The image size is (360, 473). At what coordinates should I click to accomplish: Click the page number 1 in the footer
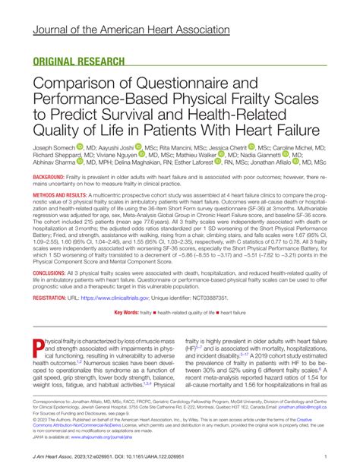(x=324, y=457)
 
